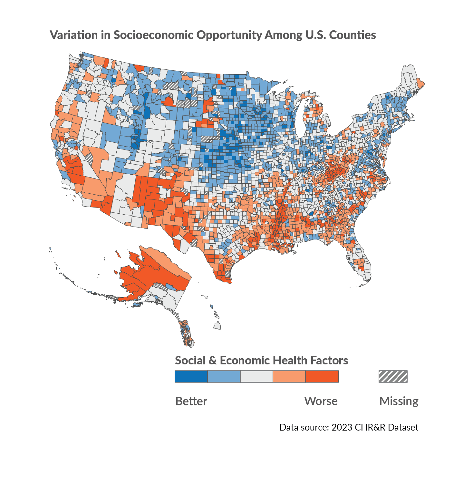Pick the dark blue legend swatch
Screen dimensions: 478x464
click(x=191, y=376)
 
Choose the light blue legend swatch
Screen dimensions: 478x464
click(x=224, y=376)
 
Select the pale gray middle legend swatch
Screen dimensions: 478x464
click(x=256, y=376)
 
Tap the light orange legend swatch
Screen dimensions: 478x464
click(x=289, y=376)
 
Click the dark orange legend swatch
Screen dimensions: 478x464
click(x=322, y=376)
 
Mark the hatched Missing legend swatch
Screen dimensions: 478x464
click(x=393, y=376)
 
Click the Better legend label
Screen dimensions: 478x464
click(x=191, y=401)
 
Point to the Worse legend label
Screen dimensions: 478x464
click(x=321, y=401)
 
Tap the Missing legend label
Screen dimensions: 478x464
click(x=399, y=401)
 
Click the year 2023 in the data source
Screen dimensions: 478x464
click(x=342, y=427)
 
